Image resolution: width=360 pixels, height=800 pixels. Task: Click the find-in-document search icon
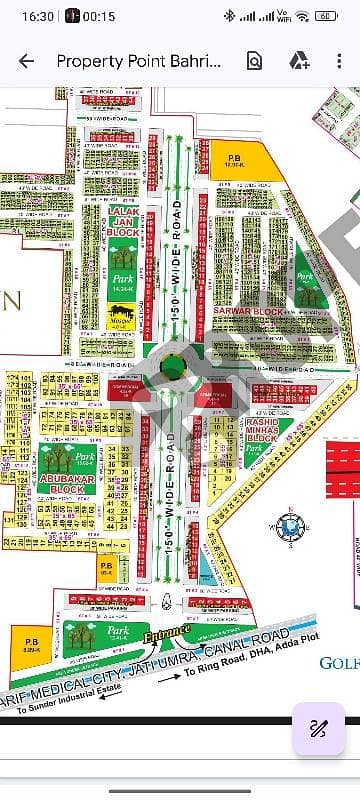254,61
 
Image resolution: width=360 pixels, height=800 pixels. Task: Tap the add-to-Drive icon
298,61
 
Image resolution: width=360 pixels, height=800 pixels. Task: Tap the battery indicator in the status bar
326,16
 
